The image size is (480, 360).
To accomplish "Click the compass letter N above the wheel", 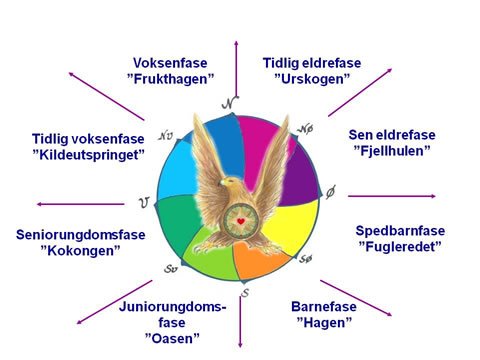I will pos(230,104).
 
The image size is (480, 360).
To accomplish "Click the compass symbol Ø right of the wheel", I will pos(332,191).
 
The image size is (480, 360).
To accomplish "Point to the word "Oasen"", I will pos(172,339).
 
